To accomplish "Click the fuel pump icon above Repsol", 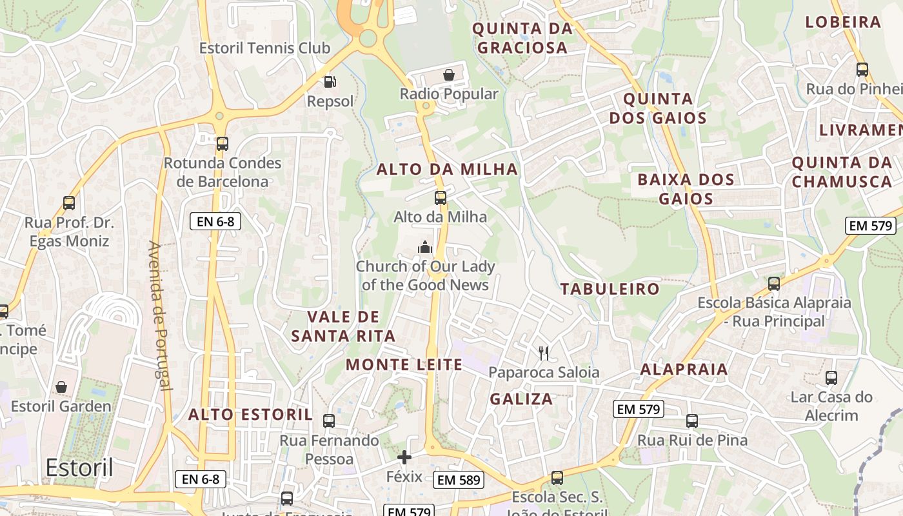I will [x=329, y=82].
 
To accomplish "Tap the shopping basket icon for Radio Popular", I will [x=448, y=75].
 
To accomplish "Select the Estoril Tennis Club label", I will [x=264, y=48].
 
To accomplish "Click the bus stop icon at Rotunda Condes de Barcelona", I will [x=223, y=143].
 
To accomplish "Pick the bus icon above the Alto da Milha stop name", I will [x=441, y=197].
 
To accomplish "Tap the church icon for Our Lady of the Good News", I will [x=425, y=247].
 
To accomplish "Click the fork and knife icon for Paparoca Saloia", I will [x=544, y=353].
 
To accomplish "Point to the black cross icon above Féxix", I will [x=404, y=458].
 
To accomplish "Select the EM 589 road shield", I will [x=459, y=480].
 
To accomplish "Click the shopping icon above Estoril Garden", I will [x=61, y=387].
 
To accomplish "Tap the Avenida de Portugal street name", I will [x=159, y=316].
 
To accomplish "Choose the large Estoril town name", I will [x=79, y=468].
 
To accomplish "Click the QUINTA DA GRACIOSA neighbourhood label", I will [x=522, y=38].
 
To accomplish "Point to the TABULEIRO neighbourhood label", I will [x=610, y=289].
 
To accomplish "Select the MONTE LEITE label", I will [x=404, y=365].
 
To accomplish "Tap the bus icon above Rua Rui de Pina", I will [x=692, y=421].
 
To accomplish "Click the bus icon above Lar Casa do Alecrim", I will [x=831, y=378].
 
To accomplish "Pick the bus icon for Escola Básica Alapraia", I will [x=774, y=283].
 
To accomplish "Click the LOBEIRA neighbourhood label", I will [x=843, y=22].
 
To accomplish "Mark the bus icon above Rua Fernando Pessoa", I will [x=329, y=421].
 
